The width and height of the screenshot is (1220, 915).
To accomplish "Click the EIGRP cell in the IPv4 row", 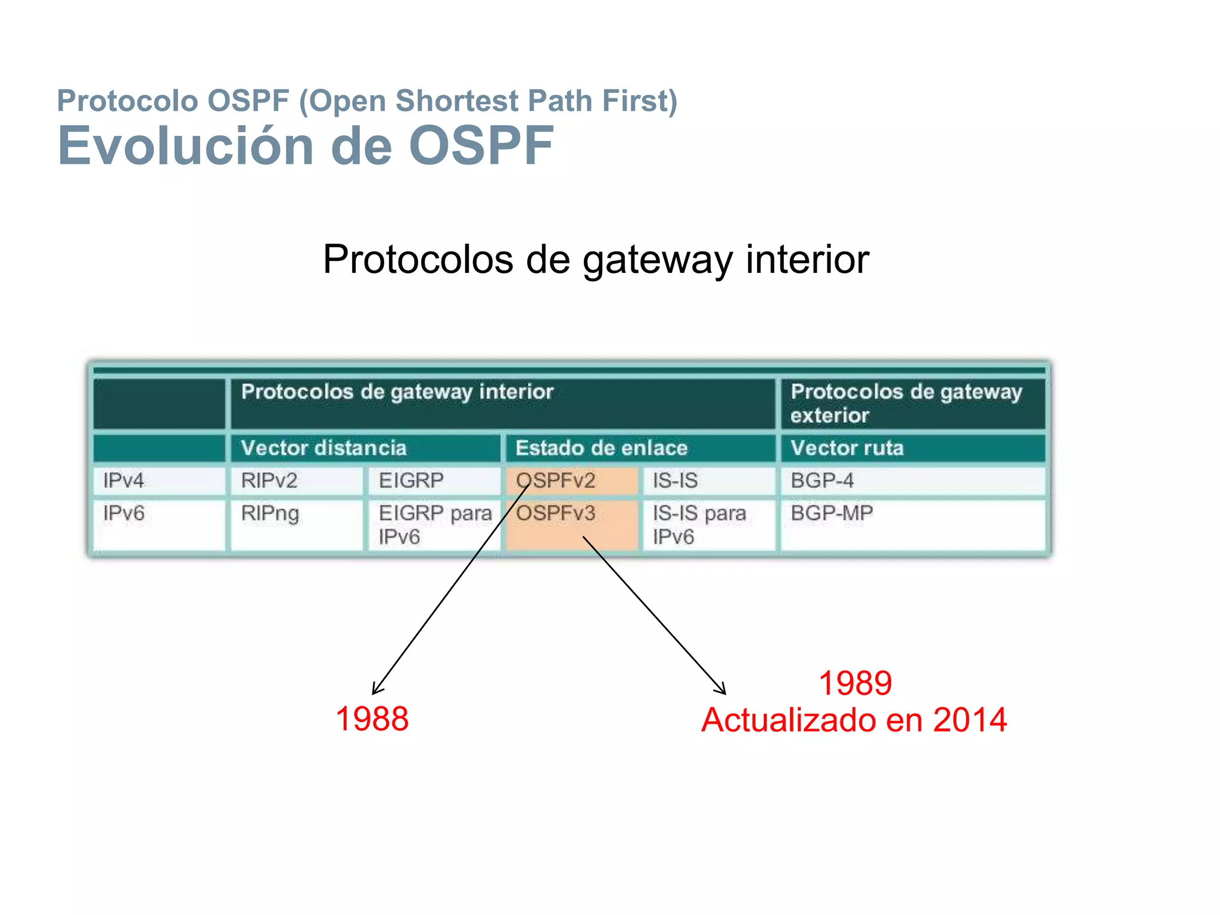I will pyautogui.click(x=433, y=481).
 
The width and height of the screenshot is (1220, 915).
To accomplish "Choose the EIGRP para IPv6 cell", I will pyautogui.click(x=433, y=524).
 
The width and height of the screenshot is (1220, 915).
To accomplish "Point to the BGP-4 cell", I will pyautogui.click(x=911, y=481).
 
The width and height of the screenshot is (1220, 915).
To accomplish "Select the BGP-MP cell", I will pyautogui.click(x=911, y=524).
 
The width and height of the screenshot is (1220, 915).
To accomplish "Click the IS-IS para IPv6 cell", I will pyautogui.click(x=708, y=524).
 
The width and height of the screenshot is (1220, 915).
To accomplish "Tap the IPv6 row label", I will pyautogui.click(x=158, y=524).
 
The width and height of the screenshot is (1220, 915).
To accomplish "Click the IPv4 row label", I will pyautogui.click(x=158, y=481).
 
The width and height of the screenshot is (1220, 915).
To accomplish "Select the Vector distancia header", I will pyautogui.click(x=365, y=448).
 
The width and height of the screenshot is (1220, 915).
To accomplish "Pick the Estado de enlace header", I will pyautogui.click(x=640, y=448).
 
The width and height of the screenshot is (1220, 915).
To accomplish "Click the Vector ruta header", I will pyautogui.click(x=911, y=448).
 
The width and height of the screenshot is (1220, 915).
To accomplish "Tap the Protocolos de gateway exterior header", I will pyautogui.click(x=911, y=403).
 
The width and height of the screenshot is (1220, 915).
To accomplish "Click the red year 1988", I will pyautogui.click(x=372, y=718).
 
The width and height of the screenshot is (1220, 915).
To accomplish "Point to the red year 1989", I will pyautogui.click(x=855, y=683).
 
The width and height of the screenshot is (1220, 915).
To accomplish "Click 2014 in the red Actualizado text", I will pyautogui.click(x=969, y=720).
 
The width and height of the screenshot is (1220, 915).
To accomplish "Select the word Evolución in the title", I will pyautogui.click(x=185, y=146).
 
